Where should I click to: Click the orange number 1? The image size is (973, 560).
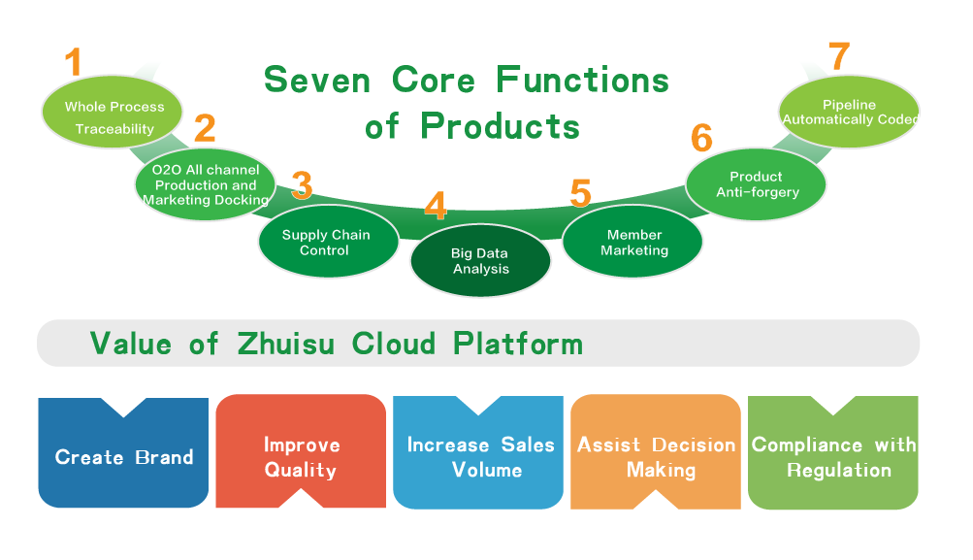[74, 61]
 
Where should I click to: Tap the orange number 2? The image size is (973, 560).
[205, 128]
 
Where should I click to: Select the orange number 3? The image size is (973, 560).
[303, 185]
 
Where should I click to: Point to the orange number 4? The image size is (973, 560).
[436, 206]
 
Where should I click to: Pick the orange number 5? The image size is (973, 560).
[581, 193]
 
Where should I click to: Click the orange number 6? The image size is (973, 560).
[701, 138]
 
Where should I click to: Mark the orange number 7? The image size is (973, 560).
[839, 56]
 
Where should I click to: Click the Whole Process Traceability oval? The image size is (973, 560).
[113, 113]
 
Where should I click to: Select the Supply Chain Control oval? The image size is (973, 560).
[328, 241]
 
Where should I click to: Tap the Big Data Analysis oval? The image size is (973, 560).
[480, 260]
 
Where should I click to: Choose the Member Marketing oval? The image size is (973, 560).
[632, 241]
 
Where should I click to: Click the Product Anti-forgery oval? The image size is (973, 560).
[756, 183]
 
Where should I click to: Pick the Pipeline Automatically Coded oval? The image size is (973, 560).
[849, 112]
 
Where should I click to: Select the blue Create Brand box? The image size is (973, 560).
[123, 452]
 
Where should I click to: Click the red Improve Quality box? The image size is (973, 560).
[301, 451]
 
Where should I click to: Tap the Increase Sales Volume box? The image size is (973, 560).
[478, 452]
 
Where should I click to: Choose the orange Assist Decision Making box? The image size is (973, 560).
[656, 451]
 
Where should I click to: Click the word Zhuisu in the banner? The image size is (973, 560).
[286, 344]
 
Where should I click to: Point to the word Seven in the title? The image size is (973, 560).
[317, 81]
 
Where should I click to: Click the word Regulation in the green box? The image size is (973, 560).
[839, 470]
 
